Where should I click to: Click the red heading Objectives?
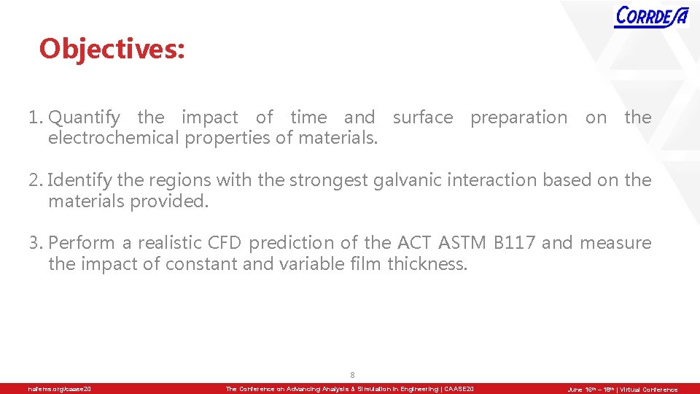click(112, 49)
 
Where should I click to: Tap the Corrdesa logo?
click(651, 16)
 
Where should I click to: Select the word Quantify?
click(84, 117)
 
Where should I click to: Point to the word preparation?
click(518, 117)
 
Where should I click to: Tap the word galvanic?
click(405, 180)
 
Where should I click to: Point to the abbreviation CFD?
click(227, 243)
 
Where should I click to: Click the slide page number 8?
click(352, 375)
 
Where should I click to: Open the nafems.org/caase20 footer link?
click(60, 390)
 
